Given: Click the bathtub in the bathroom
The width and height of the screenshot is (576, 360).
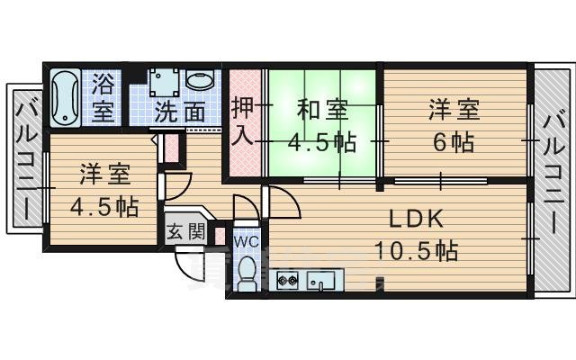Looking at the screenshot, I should point(66,97).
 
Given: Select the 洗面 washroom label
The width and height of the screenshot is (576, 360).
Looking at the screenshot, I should point(179,112).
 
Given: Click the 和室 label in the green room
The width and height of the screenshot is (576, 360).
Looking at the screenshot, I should point(322,111).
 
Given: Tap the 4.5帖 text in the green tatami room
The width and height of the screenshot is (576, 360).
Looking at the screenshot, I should point(321,141).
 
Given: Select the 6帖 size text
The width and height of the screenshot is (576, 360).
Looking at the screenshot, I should point(452,141).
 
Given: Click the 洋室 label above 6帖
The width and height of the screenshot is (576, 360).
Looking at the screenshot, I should point(454,111).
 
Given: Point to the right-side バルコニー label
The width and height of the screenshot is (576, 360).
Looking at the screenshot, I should point(553,170).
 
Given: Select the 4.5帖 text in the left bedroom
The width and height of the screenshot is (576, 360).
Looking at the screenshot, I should point(104,205).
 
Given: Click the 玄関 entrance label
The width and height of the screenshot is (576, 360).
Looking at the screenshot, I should point(185,231).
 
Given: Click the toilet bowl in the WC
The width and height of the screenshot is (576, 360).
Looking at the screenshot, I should point(247,272).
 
